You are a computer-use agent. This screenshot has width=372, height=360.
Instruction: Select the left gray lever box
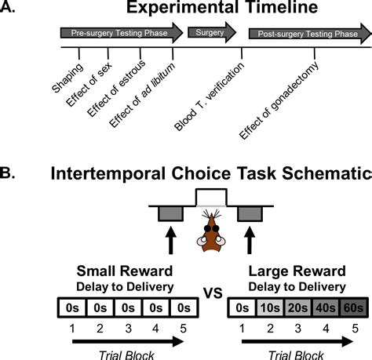pos(170,212)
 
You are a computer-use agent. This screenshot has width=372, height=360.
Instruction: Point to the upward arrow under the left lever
pos(170,237)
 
